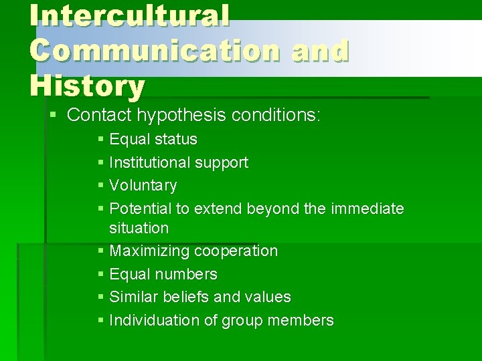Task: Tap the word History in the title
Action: [x=87, y=86]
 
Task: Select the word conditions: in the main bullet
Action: [x=276, y=115]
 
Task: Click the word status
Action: [x=175, y=139]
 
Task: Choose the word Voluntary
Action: [x=143, y=185]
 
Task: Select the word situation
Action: [x=139, y=228]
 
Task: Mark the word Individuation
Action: [x=154, y=320]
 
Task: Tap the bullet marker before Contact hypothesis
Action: [x=54, y=115]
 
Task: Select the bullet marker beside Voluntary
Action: [x=100, y=185]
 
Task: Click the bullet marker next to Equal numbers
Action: [x=100, y=274]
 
